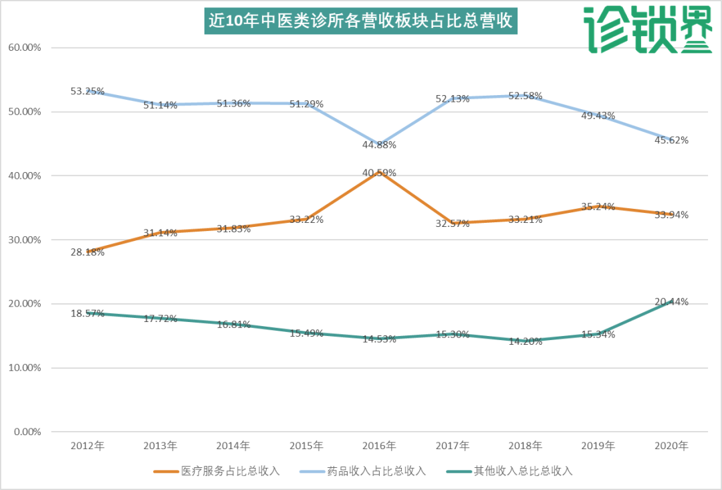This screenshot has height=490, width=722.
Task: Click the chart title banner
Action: point(360,21)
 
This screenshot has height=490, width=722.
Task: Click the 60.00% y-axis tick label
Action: point(24,48)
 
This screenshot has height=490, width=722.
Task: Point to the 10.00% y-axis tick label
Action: point(24,367)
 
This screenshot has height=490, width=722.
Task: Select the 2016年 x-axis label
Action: point(379,445)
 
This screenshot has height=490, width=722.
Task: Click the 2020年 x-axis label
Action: point(671,445)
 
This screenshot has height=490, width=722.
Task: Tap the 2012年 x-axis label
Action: point(87,445)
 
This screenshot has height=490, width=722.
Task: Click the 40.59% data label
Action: point(379,173)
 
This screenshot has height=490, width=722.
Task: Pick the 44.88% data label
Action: point(379,145)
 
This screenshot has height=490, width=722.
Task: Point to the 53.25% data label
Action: point(87,91)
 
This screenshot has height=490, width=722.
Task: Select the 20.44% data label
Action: point(671,302)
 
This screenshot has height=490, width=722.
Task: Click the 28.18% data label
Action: point(87,252)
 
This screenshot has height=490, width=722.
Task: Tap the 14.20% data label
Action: point(525,340)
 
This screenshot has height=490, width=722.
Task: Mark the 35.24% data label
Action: point(598,207)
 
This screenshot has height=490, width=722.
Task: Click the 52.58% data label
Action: point(525,96)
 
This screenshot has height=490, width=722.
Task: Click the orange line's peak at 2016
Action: point(379,172)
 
